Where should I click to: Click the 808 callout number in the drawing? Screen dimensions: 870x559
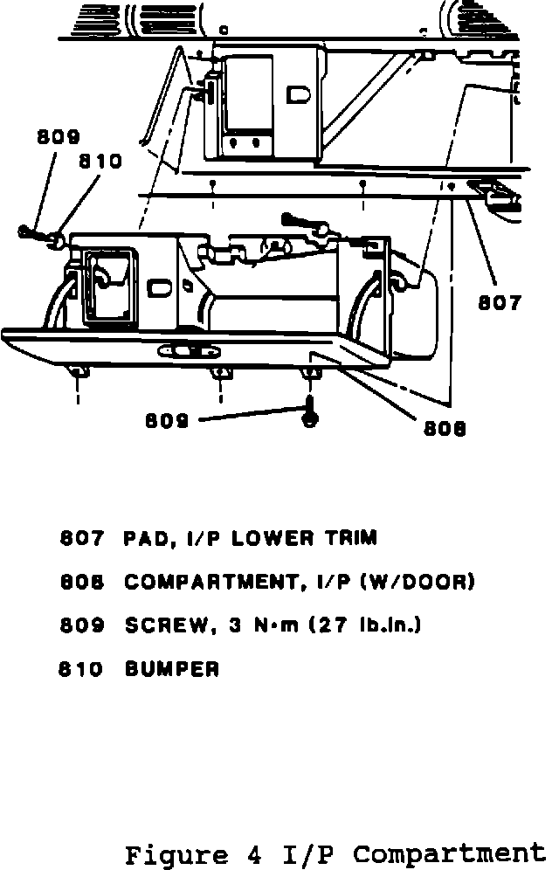pos(445,428)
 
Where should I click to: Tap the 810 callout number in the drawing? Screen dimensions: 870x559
pos(100,162)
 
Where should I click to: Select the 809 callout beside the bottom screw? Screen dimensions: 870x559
pos(166,420)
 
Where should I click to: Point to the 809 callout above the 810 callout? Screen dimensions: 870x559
pos(59,137)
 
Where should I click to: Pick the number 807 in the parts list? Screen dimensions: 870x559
pos(81,538)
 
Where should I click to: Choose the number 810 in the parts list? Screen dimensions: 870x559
pos(81,670)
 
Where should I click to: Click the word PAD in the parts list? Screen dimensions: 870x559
pos(147,538)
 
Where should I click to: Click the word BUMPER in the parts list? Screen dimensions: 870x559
pos(171,670)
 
